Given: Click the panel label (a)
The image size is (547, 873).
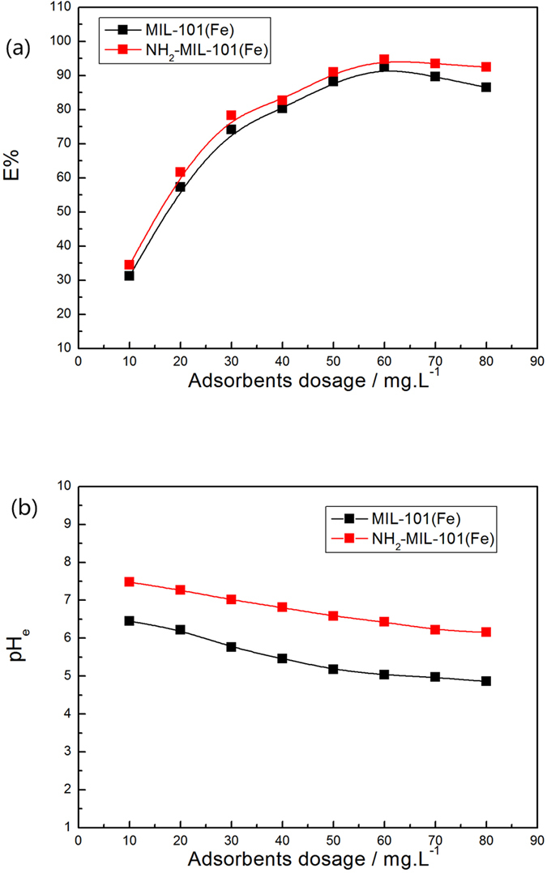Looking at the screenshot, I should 19,48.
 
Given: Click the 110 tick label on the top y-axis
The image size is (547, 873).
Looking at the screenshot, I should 59,7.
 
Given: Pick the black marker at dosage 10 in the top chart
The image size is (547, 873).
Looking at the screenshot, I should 129,276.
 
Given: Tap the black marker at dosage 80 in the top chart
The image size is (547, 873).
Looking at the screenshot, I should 486,87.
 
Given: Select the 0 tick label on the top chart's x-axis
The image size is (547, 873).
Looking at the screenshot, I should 78,362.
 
